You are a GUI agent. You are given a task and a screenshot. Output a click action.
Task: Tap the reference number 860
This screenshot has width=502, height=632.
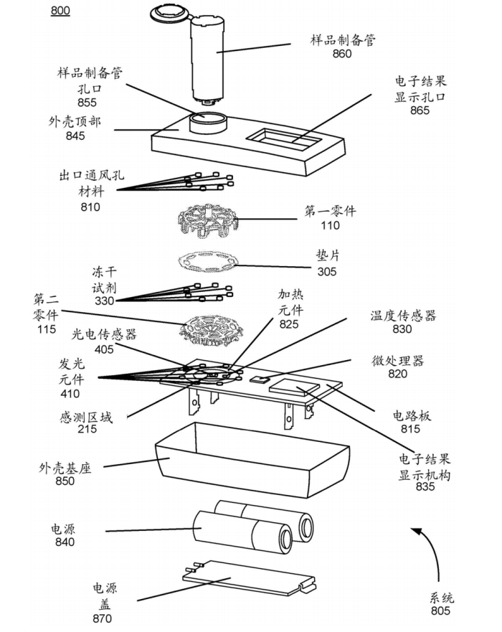pos(342,54)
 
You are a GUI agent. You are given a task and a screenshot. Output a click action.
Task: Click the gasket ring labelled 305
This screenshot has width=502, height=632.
pos(209,263)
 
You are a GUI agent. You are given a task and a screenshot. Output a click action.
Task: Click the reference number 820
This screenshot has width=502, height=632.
pos(397,373)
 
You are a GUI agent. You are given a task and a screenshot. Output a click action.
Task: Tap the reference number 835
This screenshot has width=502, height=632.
pos(425,488)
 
